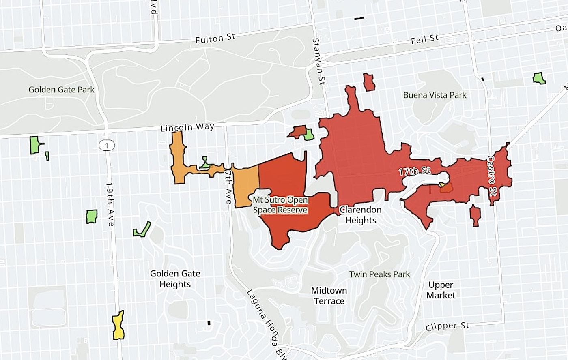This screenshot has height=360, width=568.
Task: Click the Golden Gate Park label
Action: pos(61,90)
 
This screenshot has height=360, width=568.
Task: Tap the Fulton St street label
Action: pos(215,39)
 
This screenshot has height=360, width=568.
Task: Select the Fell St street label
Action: pos(425,40)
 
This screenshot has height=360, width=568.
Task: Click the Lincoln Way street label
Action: pos(187,127)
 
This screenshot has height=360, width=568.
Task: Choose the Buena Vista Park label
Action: pos(435,95)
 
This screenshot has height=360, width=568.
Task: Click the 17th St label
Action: pos(414,171)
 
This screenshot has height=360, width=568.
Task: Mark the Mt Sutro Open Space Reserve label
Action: pos(280,205)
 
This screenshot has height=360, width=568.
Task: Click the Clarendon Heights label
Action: pos(361,215)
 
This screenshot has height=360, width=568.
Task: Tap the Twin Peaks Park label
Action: pos(379,274)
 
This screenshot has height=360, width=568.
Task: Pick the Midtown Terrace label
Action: pos(329,296)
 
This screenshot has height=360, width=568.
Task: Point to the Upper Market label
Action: pos(441,290)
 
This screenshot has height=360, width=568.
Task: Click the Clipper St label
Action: pos(448,326)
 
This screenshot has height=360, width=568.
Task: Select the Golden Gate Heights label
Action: pos(175,279)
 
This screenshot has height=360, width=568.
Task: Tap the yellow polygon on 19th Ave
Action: pos(118,326)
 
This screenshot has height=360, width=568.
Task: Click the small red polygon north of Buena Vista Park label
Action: pos(369,82)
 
